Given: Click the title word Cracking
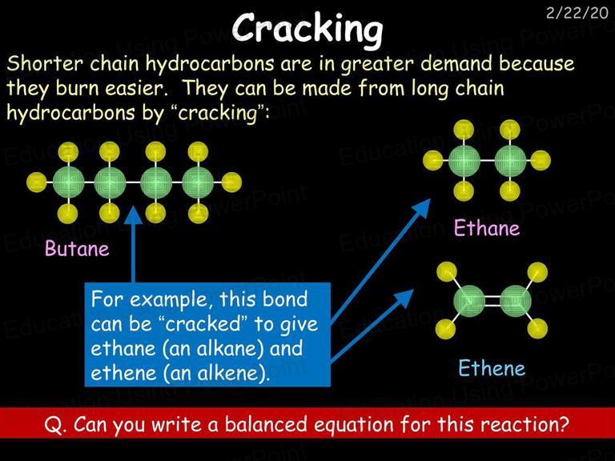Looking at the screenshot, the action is (x=307, y=29).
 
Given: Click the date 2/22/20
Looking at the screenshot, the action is (x=577, y=14).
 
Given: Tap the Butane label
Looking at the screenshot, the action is (x=77, y=249).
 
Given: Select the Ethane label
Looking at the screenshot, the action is (x=487, y=228).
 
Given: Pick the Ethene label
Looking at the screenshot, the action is (x=492, y=368).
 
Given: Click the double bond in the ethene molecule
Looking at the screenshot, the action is (x=492, y=301).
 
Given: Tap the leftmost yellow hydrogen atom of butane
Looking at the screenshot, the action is (x=37, y=182).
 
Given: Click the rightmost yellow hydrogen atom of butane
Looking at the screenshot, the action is (x=231, y=182).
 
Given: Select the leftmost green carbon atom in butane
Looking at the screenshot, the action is (x=69, y=182).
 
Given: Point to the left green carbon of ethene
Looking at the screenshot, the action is (x=469, y=301).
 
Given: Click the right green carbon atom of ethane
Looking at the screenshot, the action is (x=510, y=160).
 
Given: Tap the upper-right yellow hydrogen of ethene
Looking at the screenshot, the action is (x=537, y=272).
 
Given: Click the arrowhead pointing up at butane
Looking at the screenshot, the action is (x=134, y=214).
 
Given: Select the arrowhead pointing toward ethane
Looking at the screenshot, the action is (x=422, y=207).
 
